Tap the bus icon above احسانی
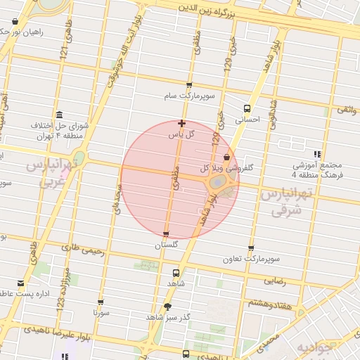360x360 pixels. click(247, 108)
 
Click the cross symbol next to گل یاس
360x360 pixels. click(182, 123)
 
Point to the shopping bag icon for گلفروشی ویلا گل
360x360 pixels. click(226, 157)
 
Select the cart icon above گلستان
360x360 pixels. click(166, 234)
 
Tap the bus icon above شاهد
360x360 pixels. click(176, 272)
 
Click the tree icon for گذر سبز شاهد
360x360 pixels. click(167, 307)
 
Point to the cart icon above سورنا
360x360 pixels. click(102, 302)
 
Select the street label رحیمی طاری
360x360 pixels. click(83, 248)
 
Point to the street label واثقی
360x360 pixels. click(347, 110)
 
